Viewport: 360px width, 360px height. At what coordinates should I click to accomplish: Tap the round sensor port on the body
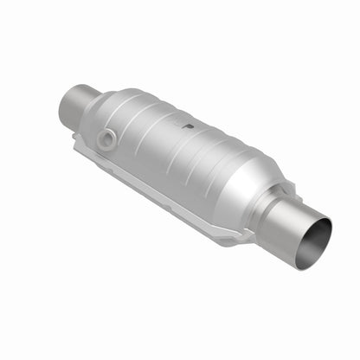pos(107,138)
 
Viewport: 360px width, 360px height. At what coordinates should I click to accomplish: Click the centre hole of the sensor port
pos(107,138)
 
